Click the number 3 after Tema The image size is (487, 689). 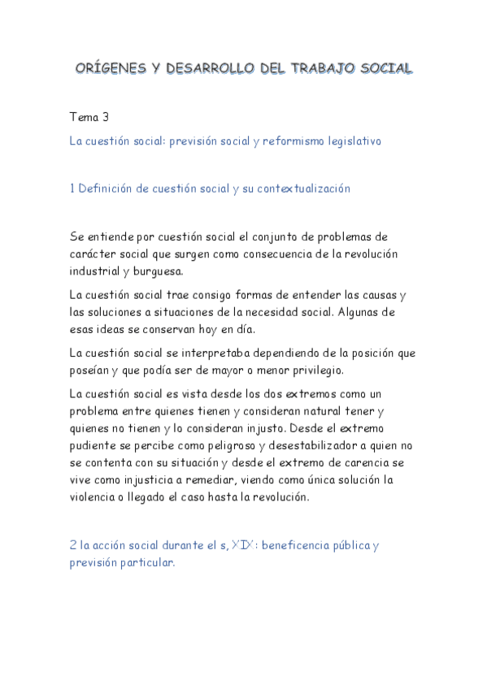pyautogui.click(x=106, y=117)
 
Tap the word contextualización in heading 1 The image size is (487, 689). pyautogui.click(x=303, y=188)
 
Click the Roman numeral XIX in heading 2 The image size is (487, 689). pyautogui.click(x=242, y=545)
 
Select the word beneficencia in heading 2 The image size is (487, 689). pyautogui.click(x=306, y=545)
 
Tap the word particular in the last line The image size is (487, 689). pyautogui.click(x=146, y=562)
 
